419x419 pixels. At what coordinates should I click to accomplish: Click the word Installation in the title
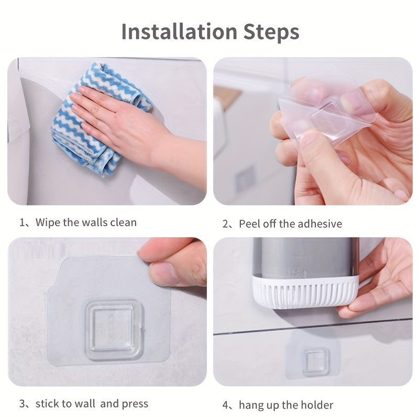pyautogui.click(x=179, y=31)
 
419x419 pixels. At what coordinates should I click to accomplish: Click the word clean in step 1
pyautogui.click(x=123, y=222)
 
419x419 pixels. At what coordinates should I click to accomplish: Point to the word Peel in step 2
pyautogui.click(x=250, y=224)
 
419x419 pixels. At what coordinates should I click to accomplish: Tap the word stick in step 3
pyautogui.click(x=48, y=403)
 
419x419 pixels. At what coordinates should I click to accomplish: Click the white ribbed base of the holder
pyautogui.click(x=304, y=293)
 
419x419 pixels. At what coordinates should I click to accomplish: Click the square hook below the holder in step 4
pyautogui.click(x=316, y=361)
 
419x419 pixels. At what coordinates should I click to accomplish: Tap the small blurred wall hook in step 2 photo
pyautogui.click(x=244, y=177)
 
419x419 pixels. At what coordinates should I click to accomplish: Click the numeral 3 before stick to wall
pyautogui.click(x=23, y=404)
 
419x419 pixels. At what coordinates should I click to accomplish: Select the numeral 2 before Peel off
pyautogui.click(x=226, y=224)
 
